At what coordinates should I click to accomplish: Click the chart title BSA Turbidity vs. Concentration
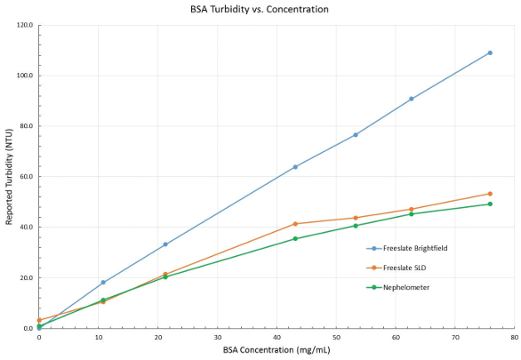(260, 10)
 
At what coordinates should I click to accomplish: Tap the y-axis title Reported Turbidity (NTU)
(10, 177)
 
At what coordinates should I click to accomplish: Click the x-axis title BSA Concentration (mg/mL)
(277, 350)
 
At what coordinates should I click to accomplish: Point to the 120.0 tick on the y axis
(22, 25)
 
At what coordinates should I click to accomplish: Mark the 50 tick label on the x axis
(336, 338)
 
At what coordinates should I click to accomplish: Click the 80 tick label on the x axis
(514, 338)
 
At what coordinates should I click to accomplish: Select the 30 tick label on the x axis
(217, 338)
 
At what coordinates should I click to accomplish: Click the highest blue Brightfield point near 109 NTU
(490, 52)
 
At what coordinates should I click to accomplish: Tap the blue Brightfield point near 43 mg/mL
(295, 166)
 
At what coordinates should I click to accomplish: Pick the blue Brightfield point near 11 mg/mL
(103, 283)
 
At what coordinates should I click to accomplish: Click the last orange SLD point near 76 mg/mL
(490, 194)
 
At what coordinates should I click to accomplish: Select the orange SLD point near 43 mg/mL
(295, 224)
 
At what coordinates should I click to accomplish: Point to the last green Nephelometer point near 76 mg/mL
(490, 204)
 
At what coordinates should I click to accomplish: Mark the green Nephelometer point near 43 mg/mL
(295, 239)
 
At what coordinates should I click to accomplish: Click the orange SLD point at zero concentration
(39, 320)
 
